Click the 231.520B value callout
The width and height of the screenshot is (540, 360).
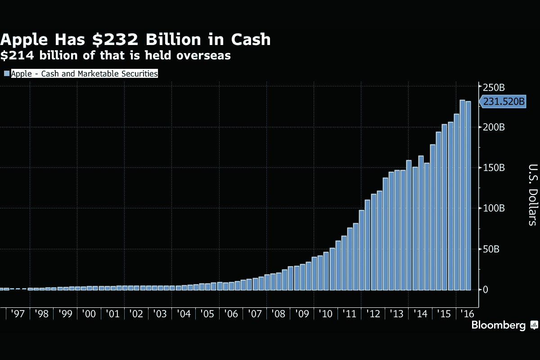504,102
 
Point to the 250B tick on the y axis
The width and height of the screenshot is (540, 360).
493,87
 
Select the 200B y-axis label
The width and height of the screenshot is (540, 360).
494,127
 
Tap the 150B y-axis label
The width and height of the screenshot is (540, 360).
494,168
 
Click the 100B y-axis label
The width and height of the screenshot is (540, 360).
494,208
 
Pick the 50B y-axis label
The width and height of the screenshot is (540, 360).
491,249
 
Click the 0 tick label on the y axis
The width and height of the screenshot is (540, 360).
486,289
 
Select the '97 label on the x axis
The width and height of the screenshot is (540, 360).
18,314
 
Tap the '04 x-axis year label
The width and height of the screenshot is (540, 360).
183,314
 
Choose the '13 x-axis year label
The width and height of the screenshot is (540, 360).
396,314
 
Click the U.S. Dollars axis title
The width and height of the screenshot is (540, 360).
531,194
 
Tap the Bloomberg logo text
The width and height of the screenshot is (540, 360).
498,325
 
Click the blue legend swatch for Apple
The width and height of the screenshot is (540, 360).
6,73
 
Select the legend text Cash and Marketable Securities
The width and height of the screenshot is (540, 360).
99,73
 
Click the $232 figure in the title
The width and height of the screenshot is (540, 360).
118,40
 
